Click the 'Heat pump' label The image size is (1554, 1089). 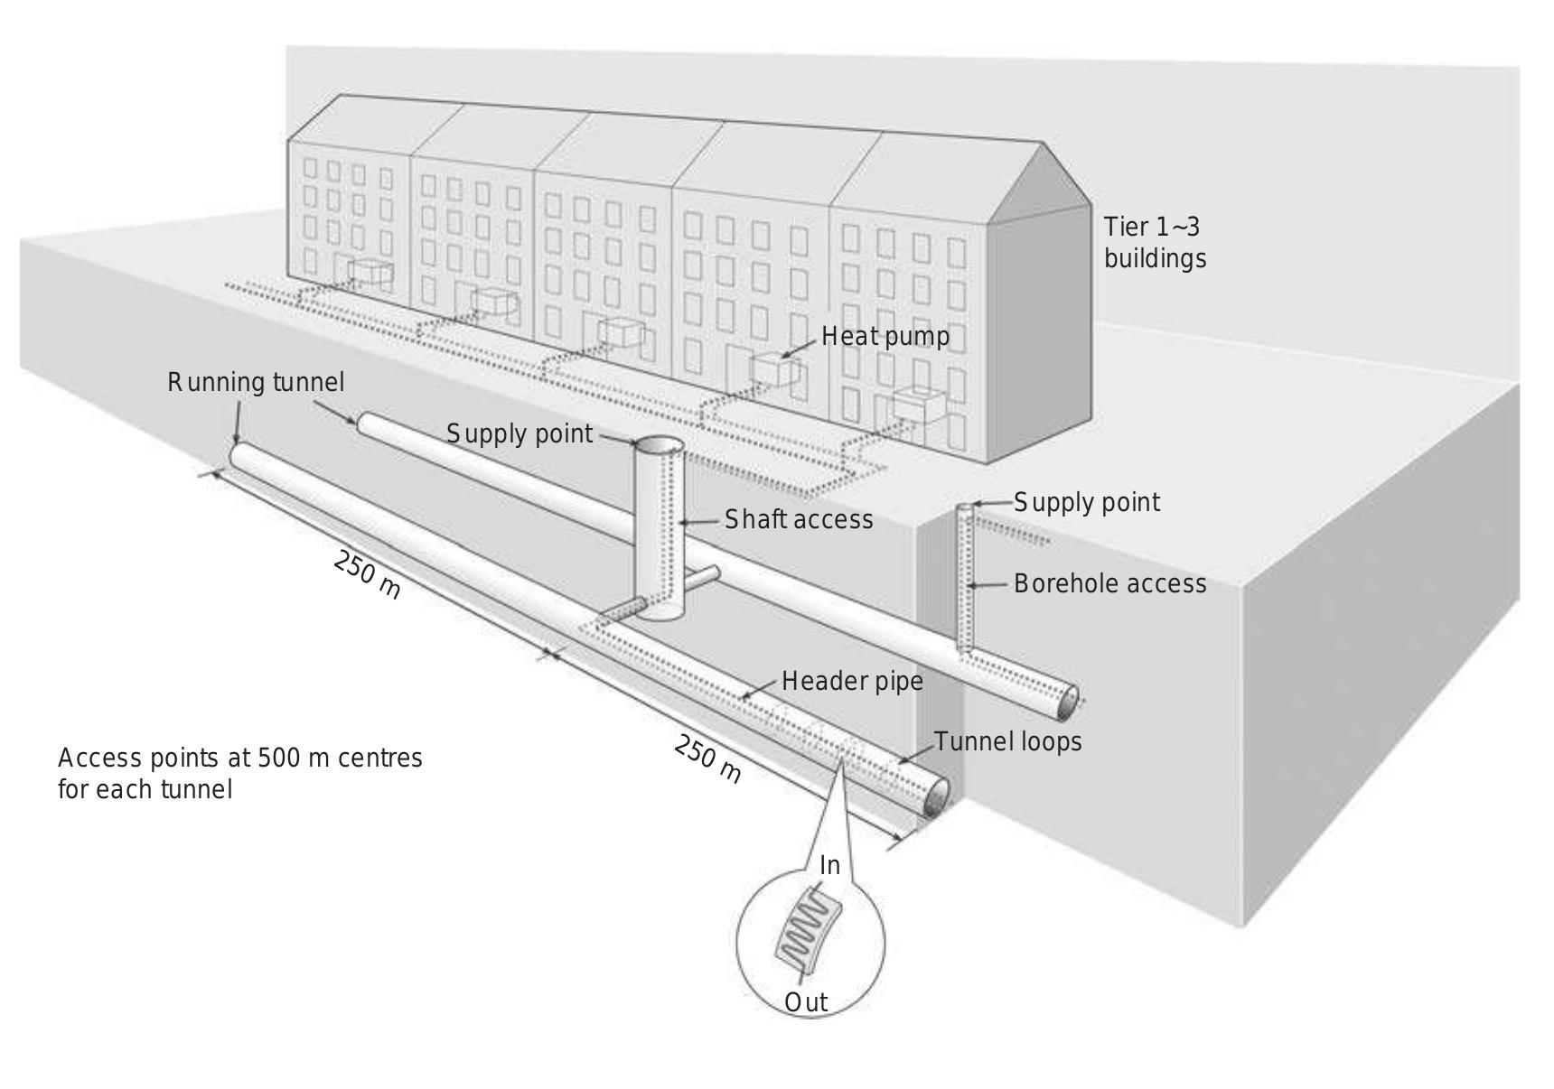(x=885, y=337)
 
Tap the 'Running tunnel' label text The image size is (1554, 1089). (x=256, y=383)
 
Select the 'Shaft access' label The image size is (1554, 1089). (x=799, y=519)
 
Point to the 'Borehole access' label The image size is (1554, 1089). (x=1109, y=583)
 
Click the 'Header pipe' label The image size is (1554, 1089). (x=852, y=681)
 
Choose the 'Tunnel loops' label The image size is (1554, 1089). (x=1007, y=741)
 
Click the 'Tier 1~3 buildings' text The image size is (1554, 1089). (x=1154, y=242)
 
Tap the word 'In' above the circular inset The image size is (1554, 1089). (x=829, y=865)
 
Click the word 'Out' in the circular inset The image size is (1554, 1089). (x=805, y=1002)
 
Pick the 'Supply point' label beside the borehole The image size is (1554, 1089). (x=1086, y=502)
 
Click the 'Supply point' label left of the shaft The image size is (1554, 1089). (x=520, y=434)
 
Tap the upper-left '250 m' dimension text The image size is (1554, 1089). (x=367, y=574)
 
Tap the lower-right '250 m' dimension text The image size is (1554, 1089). (x=707, y=759)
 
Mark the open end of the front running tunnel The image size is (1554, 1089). (x=937, y=796)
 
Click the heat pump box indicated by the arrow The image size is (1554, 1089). (x=775, y=370)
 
